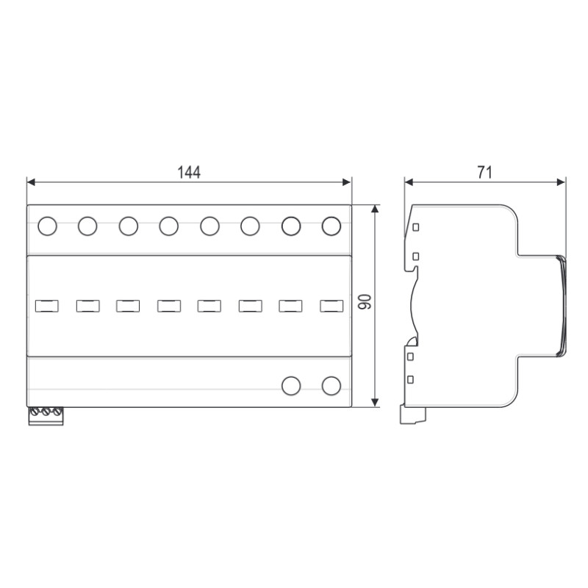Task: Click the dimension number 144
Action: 189,173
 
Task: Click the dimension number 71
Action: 484,172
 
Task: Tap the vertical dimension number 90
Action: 365,302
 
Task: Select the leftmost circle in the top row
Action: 47,226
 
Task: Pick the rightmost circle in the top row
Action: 331,226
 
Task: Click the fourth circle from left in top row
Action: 169,226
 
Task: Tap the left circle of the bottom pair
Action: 291,386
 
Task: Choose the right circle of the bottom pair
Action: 331,386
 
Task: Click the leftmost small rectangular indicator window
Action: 47,306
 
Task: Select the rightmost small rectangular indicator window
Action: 331,306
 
